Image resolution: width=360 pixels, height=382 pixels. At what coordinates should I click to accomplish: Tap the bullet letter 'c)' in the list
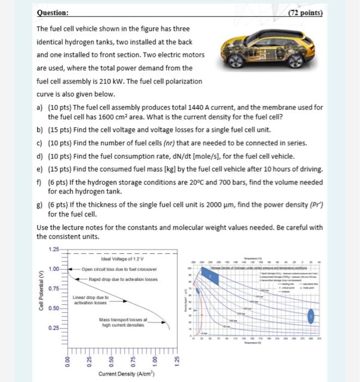click(40, 144)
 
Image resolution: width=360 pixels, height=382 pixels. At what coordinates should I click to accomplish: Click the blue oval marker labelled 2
click(311, 317)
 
